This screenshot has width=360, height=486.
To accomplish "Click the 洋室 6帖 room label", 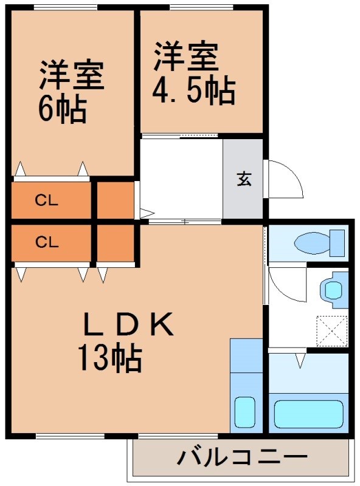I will tap(72, 91).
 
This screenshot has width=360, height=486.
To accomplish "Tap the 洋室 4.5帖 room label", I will tap(193, 73).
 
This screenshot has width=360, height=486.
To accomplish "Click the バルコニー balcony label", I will tap(241, 457).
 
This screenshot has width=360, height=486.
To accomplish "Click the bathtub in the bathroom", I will tap(310, 414).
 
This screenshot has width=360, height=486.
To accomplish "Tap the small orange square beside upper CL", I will tap(115, 199).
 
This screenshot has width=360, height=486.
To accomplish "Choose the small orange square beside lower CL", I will tap(115, 243).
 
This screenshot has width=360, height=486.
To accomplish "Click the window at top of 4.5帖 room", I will tap(200, 7).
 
